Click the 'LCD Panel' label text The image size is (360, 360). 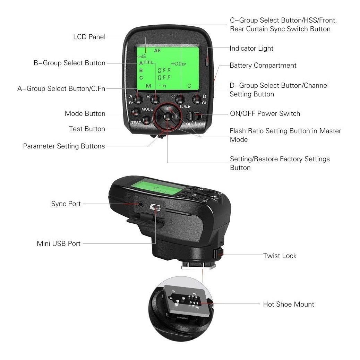coord(89,37)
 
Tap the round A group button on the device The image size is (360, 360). coord(138,100)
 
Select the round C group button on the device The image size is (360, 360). coord(179,100)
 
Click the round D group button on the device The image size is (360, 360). coord(197,100)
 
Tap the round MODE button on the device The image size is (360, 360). coord(136,111)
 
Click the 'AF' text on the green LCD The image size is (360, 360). coord(157,50)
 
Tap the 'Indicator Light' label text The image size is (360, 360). coord(251,49)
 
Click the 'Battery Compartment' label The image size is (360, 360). coord(263,66)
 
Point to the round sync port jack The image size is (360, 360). coord(140,204)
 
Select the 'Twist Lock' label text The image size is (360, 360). coord(280,256)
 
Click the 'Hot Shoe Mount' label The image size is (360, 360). coord(289,305)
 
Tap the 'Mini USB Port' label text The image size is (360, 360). coord(59,244)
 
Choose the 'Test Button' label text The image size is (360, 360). coord(87,129)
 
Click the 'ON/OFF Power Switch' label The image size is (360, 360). coord(265,114)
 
